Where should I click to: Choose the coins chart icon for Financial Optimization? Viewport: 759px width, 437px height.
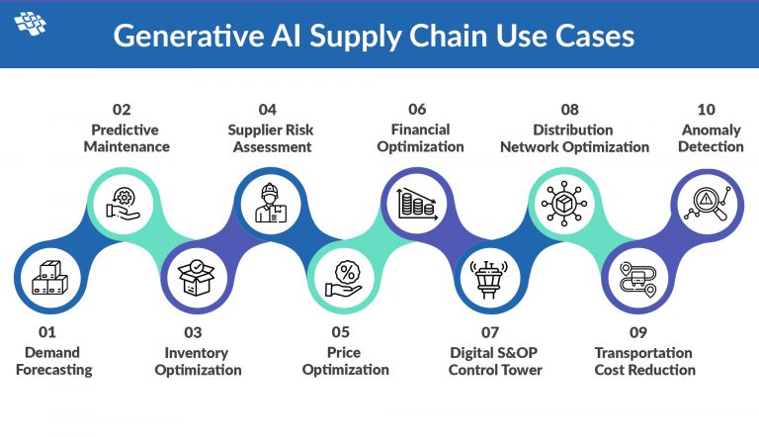[x=416, y=204]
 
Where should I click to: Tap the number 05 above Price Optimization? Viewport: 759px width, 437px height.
[x=342, y=333]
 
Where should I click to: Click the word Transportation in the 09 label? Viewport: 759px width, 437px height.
[x=643, y=353]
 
